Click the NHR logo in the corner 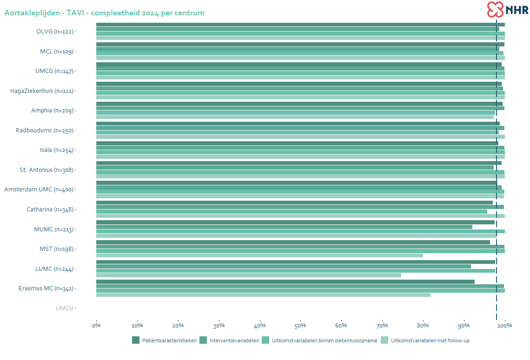click(508, 9)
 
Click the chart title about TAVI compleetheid click(104, 13)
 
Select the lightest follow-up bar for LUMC click(248, 275)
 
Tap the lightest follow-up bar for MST click(259, 255)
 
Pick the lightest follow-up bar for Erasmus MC click(263, 295)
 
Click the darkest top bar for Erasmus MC click(285, 281)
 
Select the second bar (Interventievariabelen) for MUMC click(284, 227)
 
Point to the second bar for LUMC click(283, 266)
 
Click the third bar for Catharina click(291, 211)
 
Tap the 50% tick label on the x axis click(300, 325)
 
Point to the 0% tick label click(96, 325)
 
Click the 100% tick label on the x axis click(504, 325)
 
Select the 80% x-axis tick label click(423, 325)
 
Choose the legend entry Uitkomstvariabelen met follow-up click(430, 340)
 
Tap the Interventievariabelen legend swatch click(203, 340)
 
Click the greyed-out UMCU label click(65, 308)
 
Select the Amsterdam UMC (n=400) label click(39, 190)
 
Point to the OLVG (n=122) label click(54, 32)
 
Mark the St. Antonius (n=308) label click(46, 170)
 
